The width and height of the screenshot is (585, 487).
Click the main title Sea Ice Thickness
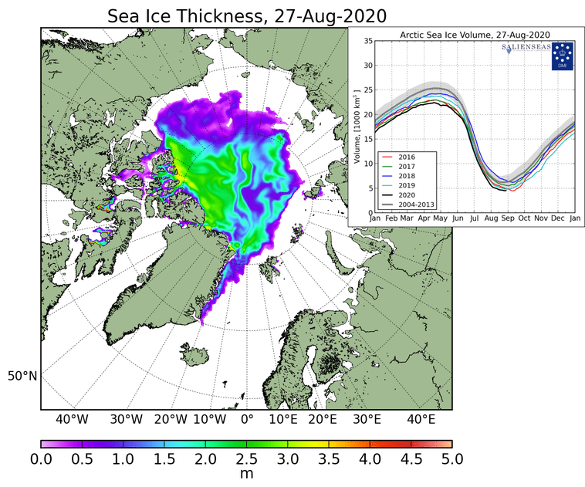pyautogui.click(x=247, y=16)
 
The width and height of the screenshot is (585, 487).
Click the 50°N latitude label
pyautogui.click(x=22, y=376)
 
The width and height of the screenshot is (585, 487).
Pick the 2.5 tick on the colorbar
pyautogui.click(x=246, y=459)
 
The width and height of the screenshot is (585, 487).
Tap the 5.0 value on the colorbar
pyautogui.click(x=451, y=459)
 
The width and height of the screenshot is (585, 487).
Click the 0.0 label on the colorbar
pyautogui.click(x=41, y=459)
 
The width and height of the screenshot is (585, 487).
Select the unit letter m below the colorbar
pyautogui.click(x=246, y=474)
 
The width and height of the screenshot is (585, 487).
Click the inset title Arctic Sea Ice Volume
pyautogui.click(x=473, y=35)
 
